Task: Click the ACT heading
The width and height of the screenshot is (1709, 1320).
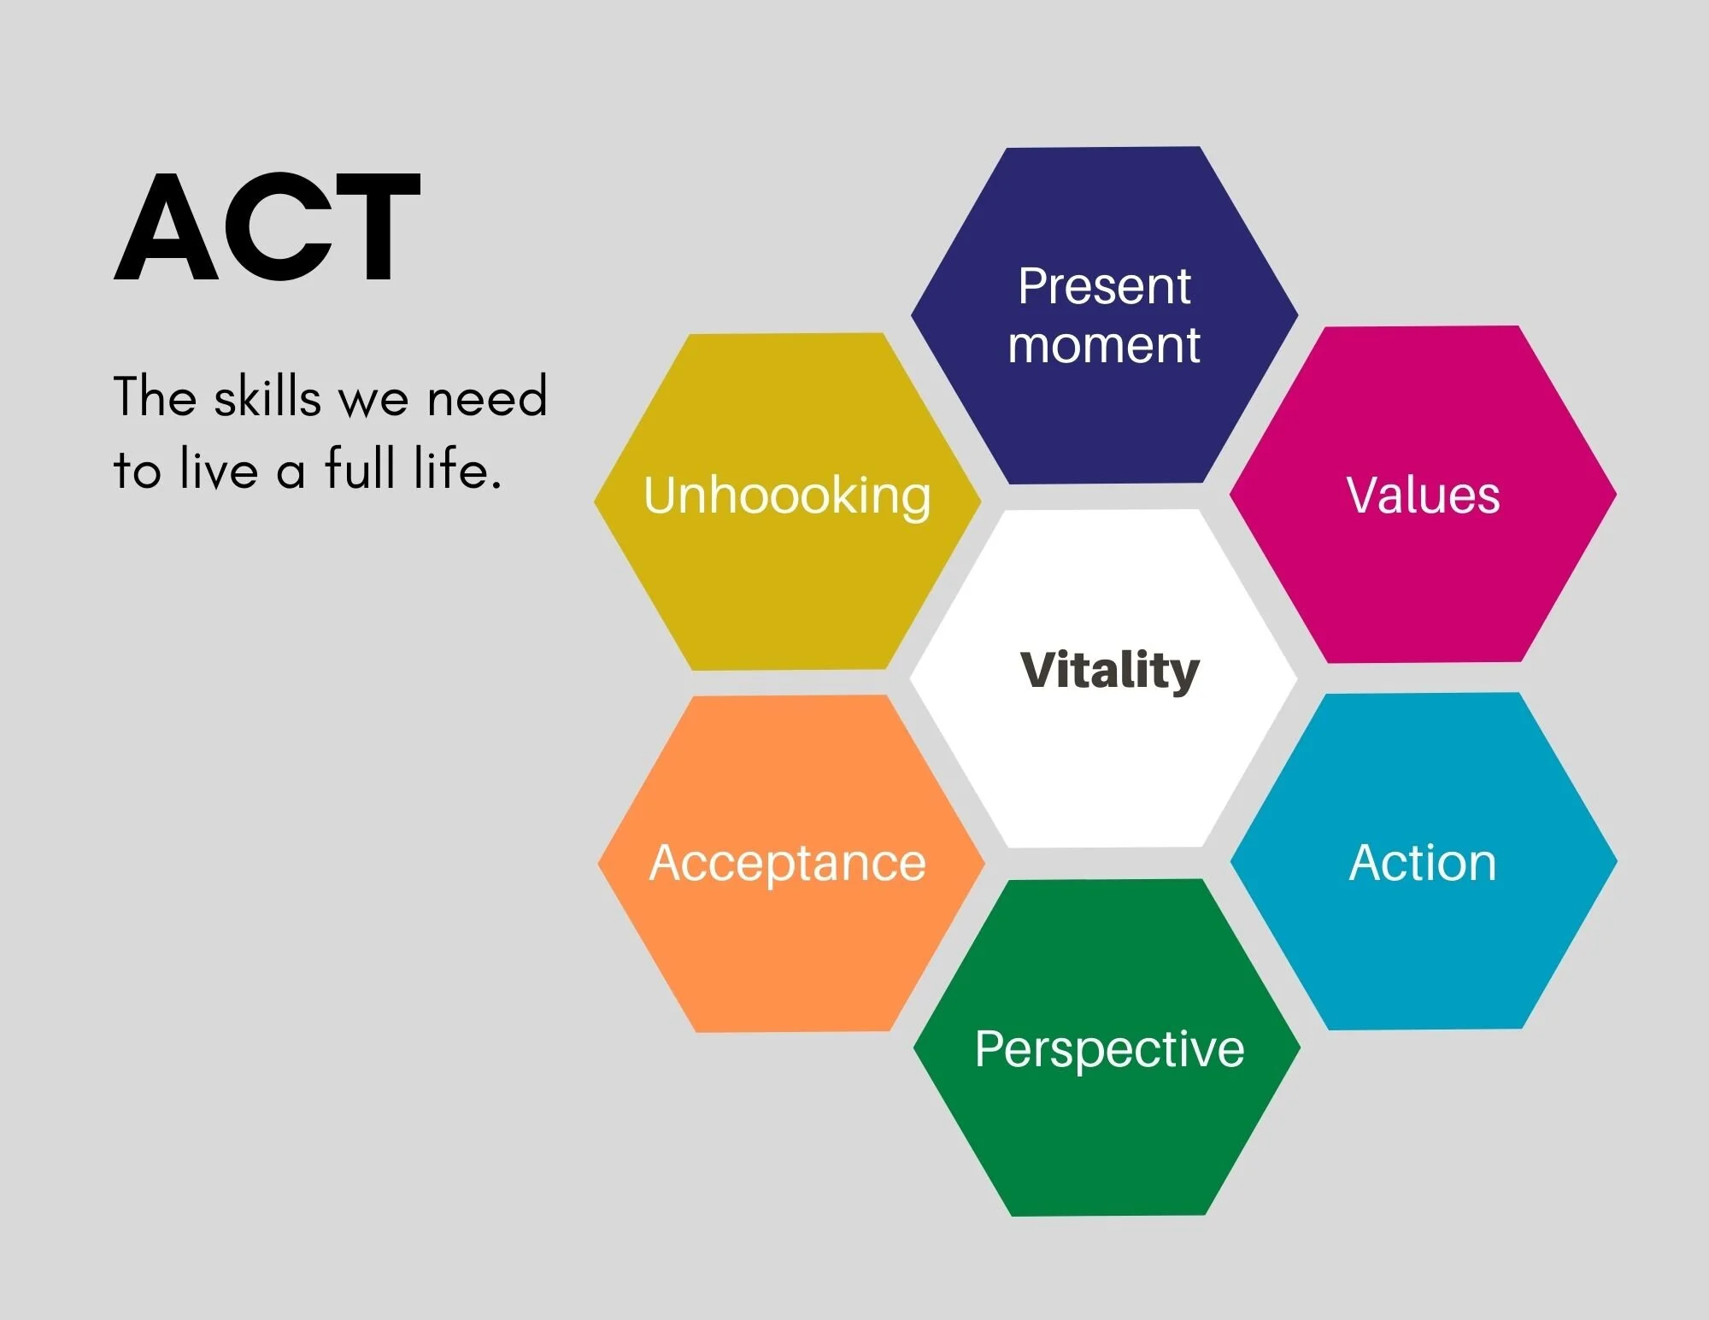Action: pos(267,227)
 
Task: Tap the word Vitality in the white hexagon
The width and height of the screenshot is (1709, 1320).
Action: pos(1110,670)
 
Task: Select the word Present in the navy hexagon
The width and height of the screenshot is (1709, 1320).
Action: pos(1104,286)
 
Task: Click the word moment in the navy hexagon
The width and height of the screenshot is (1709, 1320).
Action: pos(1104,345)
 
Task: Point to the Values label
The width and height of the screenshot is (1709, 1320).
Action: pos(1423,495)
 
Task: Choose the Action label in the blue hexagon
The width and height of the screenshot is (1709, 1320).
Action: pos(1423,863)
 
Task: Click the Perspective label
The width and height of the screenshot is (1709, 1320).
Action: pos(1109,1048)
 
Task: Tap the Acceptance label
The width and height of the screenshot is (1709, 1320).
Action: pos(787,863)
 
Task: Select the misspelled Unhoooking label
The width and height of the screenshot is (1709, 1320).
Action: pos(787,496)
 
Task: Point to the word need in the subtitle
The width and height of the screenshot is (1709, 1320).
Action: pos(487,398)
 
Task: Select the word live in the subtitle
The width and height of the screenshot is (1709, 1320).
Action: pos(219,469)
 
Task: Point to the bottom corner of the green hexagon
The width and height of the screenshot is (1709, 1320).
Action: pos(1109,1214)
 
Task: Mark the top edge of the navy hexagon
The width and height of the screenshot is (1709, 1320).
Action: pos(1104,148)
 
